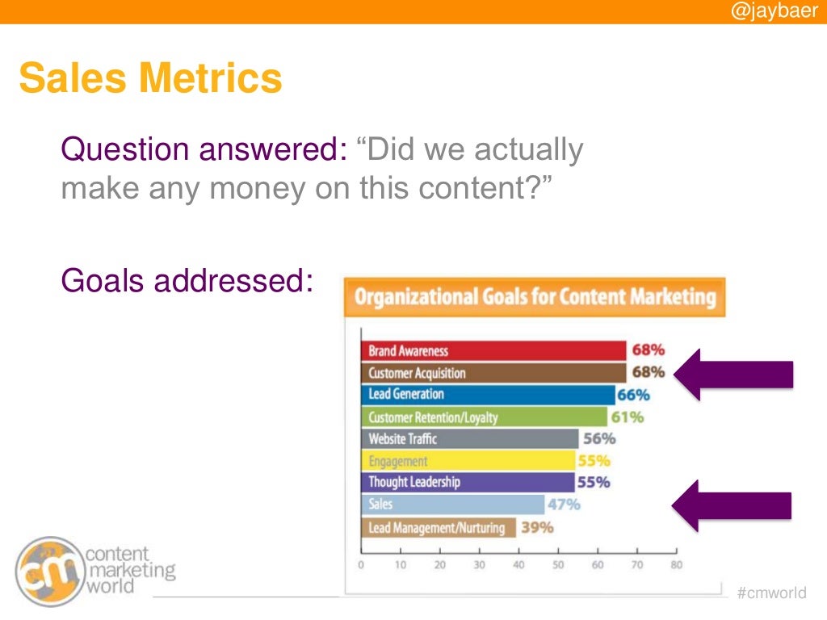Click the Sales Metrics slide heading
pos(150,78)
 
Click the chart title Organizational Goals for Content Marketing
pos(535,297)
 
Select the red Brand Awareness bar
pos(493,351)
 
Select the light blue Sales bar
pos(452,505)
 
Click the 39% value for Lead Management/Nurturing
pos(537,527)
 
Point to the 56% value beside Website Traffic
pos(599,439)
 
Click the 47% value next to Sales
pos(564,505)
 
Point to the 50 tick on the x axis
pos(558,565)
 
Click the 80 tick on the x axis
pos(676,565)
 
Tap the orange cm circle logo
pos(50,571)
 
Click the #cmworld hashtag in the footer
pos(771,593)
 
